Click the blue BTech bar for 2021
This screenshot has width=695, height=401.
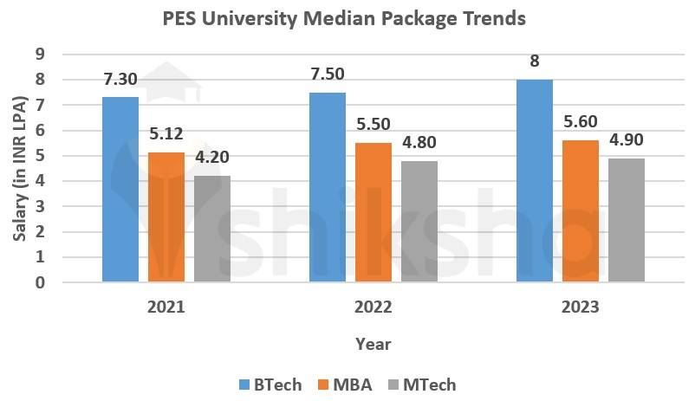(x=120, y=190)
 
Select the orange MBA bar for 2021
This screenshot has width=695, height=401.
(x=166, y=217)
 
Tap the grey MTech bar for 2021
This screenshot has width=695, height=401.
(x=212, y=229)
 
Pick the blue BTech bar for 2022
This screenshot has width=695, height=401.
(x=328, y=187)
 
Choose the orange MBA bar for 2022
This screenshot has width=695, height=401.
(x=373, y=212)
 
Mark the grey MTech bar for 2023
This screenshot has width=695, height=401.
(x=627, y=220)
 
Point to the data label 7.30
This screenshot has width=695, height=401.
(x=120, y=79)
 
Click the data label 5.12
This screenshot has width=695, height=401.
(x=166, y=134)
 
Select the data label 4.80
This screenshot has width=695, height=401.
(x=419, y=142)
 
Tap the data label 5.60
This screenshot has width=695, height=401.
(x=581, y=122)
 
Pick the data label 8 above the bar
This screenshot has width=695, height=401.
(x=535, y=61)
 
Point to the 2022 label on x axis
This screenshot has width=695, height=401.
(x=373, y=307)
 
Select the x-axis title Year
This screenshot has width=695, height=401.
(x=373, y=344)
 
